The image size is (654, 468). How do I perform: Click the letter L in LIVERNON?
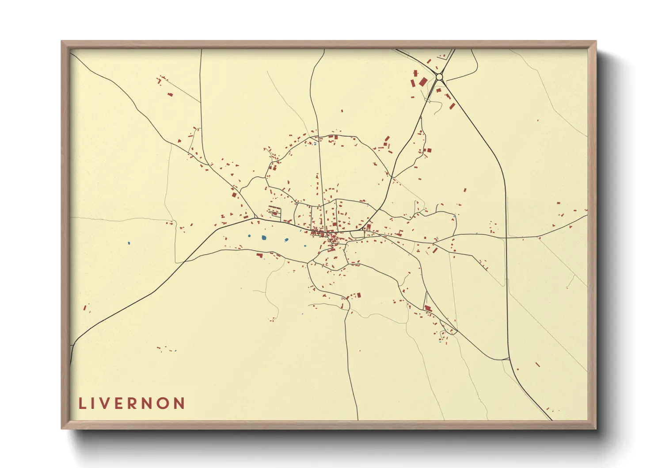pos(82,403)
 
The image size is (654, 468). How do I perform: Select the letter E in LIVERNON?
pos(118,403)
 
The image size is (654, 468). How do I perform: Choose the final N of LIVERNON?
pos(179,403)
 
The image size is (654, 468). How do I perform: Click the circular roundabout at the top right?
pos(439,77)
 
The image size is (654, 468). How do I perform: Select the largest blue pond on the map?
pos(264,238)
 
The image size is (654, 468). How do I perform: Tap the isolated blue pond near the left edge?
pos(129,243)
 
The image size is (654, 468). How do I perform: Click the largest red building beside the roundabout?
pos(423,82)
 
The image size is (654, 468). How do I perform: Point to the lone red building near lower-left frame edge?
pos(85,307)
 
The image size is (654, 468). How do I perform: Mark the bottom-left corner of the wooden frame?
pos(62,428)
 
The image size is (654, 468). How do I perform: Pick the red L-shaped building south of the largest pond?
pos(260,255)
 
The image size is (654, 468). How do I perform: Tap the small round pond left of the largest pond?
pos(250,236)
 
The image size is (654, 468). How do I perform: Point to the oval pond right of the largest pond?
pos(286,240)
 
